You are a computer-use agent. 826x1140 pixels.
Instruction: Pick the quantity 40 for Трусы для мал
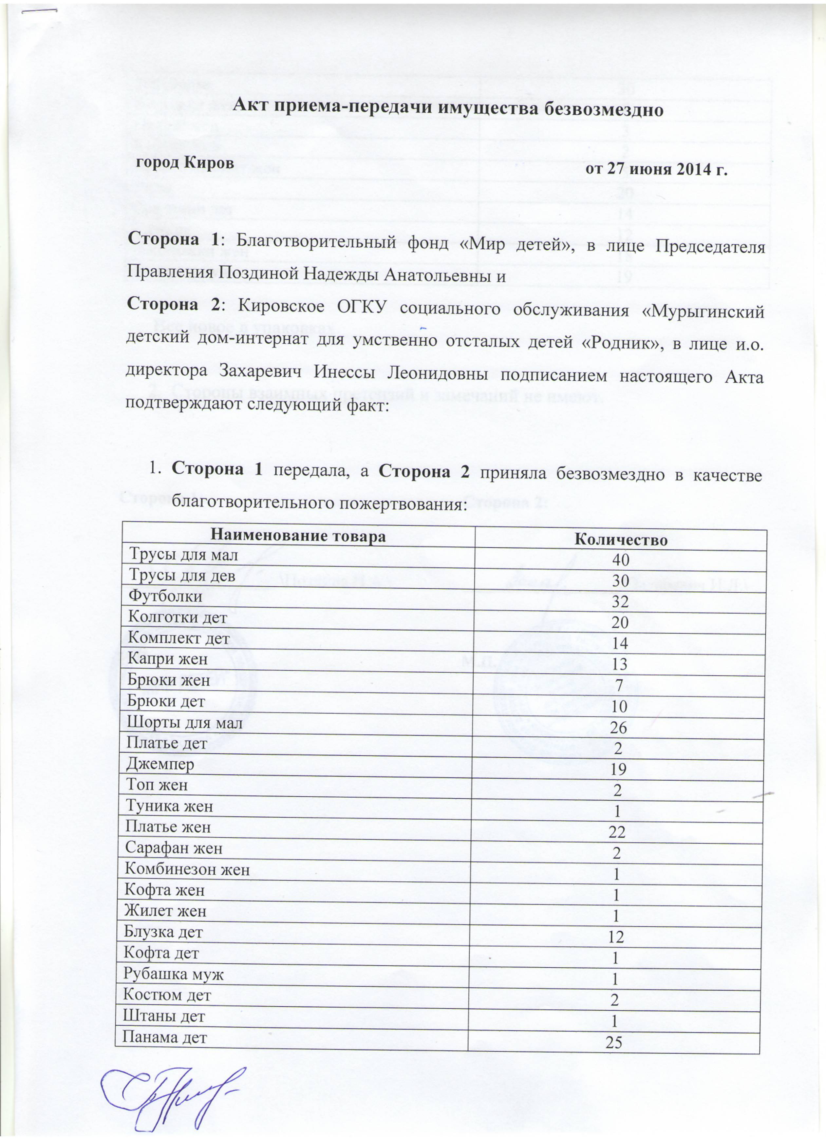click(620, 560)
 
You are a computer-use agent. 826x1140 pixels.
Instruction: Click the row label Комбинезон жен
click(187, 869)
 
